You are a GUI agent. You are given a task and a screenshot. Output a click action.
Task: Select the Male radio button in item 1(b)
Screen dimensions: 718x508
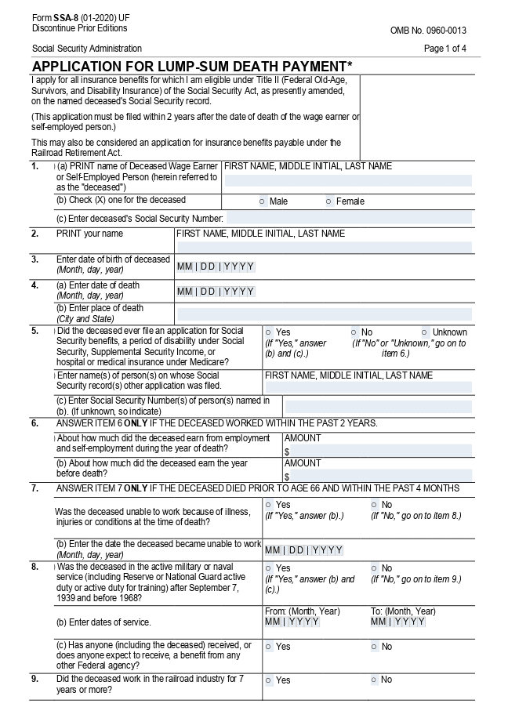(262, 201)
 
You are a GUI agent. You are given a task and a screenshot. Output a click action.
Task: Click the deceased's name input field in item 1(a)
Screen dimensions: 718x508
(348, 180)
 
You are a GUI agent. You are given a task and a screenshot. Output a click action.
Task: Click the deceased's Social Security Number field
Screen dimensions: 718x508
(348, 218)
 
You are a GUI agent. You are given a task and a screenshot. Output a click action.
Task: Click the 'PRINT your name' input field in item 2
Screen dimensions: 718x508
(324, 248)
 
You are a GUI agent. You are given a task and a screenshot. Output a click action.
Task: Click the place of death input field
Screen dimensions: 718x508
(324, 314)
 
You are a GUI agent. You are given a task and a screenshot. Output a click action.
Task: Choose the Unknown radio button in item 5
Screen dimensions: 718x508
(424, 332)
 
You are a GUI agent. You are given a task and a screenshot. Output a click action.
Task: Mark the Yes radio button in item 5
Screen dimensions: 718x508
(269, 332)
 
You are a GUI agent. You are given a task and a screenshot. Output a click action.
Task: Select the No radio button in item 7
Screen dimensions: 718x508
(375, 505)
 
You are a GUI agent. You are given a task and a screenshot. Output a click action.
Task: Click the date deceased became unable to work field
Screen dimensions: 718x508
(304, 550)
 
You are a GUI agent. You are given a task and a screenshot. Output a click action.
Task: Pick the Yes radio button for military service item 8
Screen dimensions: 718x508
(269, 568)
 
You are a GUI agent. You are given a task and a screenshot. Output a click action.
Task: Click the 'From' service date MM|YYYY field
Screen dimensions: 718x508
(292, 622)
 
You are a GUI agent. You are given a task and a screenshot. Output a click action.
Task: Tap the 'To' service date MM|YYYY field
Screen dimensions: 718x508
(398, 622)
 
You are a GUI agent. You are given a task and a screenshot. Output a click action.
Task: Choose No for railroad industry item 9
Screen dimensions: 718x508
(375, 680)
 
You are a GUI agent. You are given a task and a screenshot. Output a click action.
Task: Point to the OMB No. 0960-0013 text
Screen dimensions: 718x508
(428, 31)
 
